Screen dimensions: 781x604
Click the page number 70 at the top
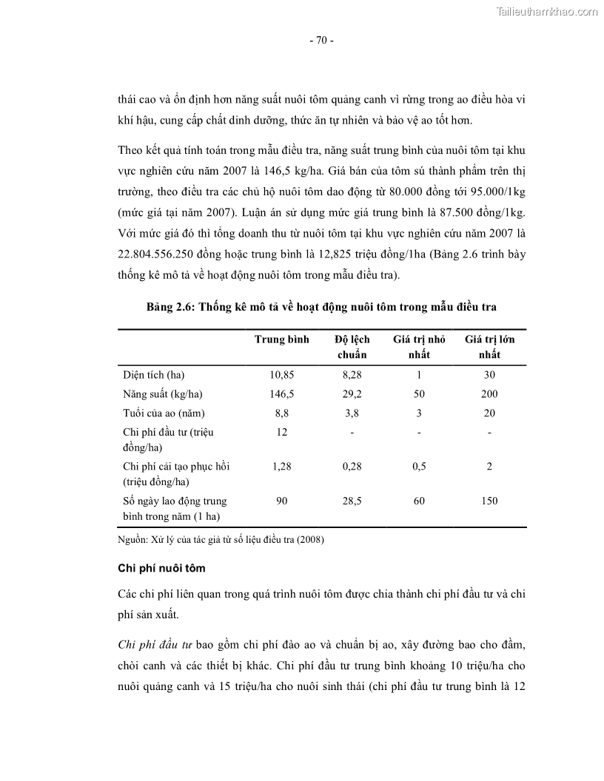pos(321,41)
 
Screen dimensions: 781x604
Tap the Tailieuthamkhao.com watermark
pos(546,12)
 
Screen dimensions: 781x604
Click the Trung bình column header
pos(281,339)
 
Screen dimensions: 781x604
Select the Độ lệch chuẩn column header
pos(352,347)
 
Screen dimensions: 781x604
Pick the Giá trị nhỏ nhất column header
pos(419,347)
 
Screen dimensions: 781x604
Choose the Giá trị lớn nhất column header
pos(489,347)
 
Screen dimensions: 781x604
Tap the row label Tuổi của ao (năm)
pos(164,413)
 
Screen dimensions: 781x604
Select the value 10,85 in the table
pos(281,375)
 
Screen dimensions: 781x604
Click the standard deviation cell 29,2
pos(352,394)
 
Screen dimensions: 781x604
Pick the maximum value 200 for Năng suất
pos(489,394)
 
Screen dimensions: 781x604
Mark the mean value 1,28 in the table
pos(281,467)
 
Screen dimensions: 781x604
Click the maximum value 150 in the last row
pos(489,501)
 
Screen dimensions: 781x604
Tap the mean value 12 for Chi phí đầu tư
pos(281,432)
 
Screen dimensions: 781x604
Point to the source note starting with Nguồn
pos(221,539)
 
